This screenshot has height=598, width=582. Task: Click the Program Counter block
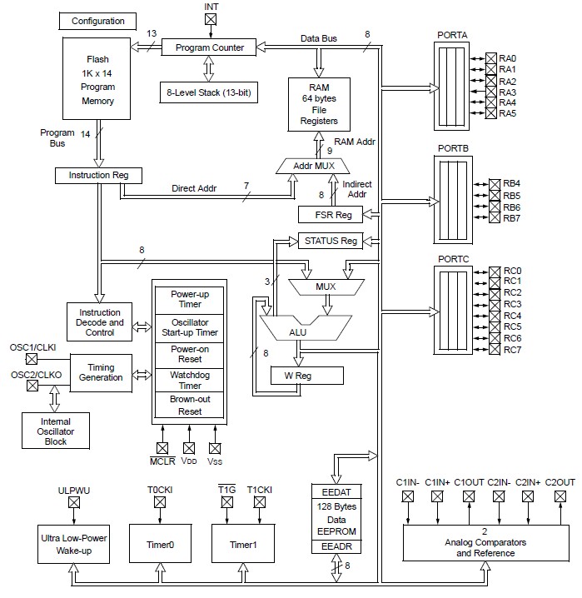tap(209, 47)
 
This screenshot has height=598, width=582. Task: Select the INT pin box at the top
tap(211, 19)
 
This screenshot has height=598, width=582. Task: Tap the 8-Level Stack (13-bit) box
tap(209, 92)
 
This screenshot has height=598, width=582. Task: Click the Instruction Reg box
tap(99, 176)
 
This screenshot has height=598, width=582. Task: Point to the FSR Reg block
tap(331, 215)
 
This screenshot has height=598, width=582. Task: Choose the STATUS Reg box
tap(331, 241)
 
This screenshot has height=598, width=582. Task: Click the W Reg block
tap(306, 376)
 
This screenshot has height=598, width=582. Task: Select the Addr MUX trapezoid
tap(313, 167)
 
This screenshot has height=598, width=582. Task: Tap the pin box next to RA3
tap(491, 92)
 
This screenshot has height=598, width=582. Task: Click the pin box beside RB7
tap(495, 217)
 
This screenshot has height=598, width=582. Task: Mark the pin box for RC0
tap(495, 272)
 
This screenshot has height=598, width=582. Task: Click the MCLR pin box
tap(162, 448)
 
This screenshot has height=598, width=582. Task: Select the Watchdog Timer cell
tap(190, 380)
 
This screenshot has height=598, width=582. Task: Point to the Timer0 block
tap(161, 544)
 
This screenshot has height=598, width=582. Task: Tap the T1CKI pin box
tap(260, 502)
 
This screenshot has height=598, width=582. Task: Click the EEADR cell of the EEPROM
tap(336, 546)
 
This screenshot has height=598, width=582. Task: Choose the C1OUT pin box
tap(469, 496)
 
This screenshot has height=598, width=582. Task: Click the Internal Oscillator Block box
tap(56, 431)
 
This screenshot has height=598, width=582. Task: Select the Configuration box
tap(97, 21)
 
